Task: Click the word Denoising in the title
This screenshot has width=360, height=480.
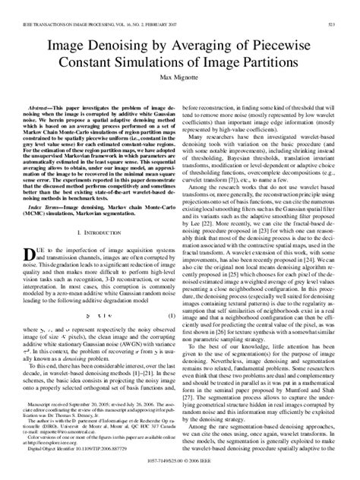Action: [122, 47]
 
